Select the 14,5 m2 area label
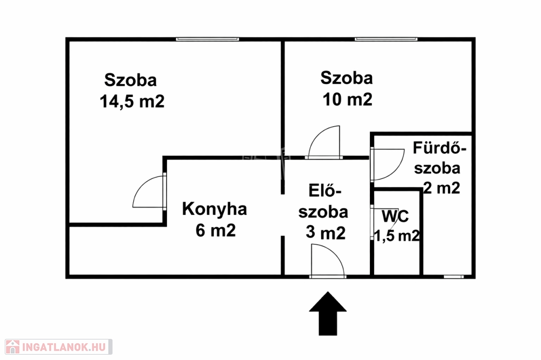[x=132, y=101]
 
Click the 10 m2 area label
[x=347, y=99]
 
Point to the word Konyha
[x=214, y=210]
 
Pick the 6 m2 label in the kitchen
[x=214, y=231]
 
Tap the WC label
[x=395, y=216]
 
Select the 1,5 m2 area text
[x=397, y=236]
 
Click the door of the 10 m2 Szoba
[x=324, y=143]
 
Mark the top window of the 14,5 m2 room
[x=207, y=39]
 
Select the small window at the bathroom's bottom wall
[x=454, y=276]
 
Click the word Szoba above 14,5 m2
[x=130, y=80]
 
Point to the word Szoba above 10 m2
[x=347, y=78]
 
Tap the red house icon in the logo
[x=11, y=347]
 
